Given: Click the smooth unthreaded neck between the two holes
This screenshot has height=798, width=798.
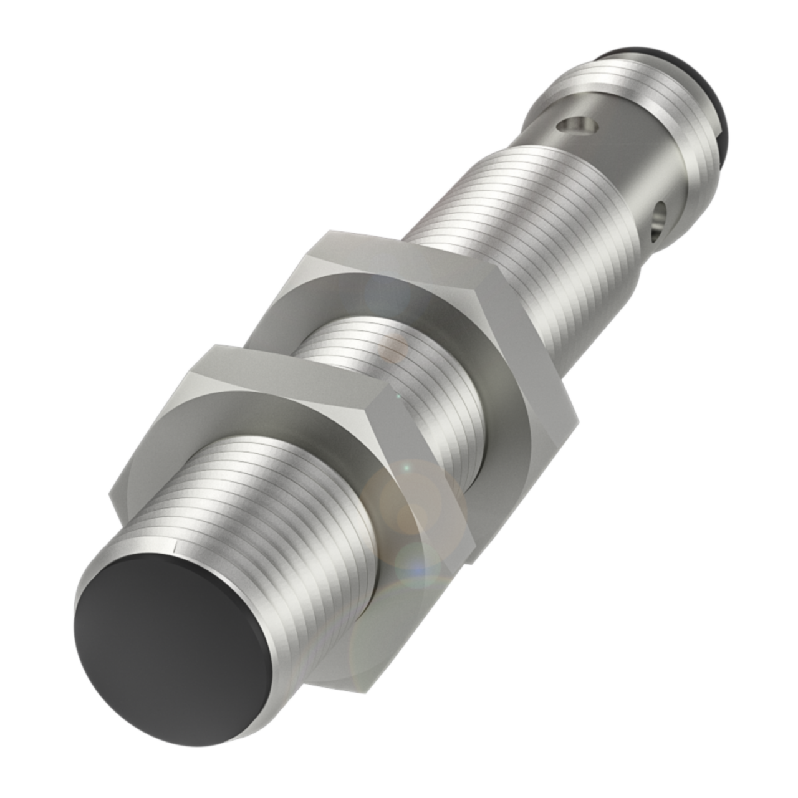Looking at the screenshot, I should click(617, 168).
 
